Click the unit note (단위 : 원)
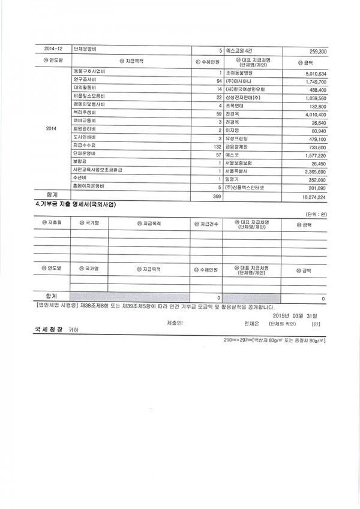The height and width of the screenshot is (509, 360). click(314, 215)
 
